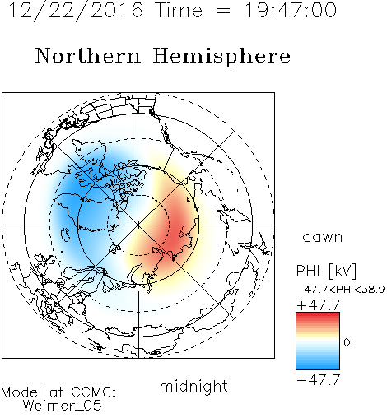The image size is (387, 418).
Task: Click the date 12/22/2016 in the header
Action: [x=76, y=11]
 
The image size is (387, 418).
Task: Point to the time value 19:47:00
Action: [x=291, y=11]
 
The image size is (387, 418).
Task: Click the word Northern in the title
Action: [x=88, y=55]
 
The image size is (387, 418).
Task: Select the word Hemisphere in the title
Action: [x=221, y=57]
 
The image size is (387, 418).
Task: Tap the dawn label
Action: [x=323, y=237]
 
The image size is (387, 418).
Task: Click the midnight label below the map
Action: [x=193, y=387]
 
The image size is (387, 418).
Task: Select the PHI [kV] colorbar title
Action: [x=326, y=271]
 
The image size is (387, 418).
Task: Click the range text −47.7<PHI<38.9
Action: [x=341, y=290]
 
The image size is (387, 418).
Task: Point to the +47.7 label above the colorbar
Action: [x=319, y=305]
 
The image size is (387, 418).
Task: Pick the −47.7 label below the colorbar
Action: [x=319, y=380]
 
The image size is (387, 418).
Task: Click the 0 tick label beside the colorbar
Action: [x=347, y=342]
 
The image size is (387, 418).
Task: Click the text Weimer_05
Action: [x=63, y=406]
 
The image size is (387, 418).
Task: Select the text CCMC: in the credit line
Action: [x=94, y=392]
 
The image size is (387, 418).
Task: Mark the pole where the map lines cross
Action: [x=138, y=225]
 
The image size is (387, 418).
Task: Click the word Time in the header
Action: [x=179, y=11]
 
